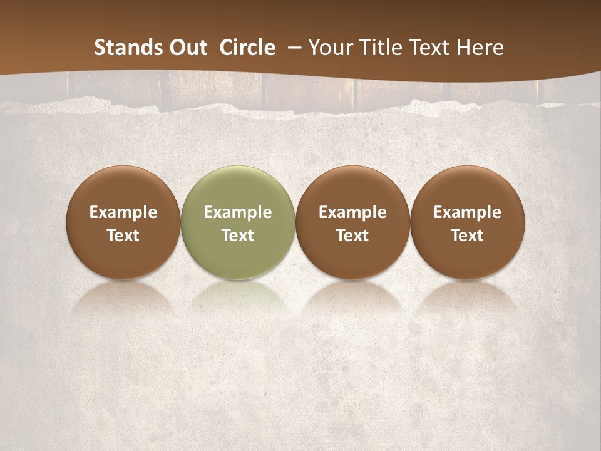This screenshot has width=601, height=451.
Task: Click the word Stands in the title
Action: click(x=123, y=48)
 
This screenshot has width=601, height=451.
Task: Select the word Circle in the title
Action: click(x=247, y=48)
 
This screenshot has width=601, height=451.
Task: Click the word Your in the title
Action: click(x=331, y=48)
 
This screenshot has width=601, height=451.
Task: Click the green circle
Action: click(x=238, y=188)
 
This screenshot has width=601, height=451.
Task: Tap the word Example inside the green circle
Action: click(x=238, y=212)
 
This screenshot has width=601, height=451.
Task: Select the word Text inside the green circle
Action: click(x=238, y=236)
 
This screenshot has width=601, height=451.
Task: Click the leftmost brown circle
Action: click(x=123, y=188)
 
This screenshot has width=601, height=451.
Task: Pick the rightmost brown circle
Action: click(x=467, y=188)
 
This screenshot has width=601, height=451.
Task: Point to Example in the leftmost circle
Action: click(x=123, y=212)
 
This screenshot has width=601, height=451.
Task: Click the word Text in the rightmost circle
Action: click(x=467, y=236)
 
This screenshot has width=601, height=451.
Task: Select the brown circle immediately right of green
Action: click(x=352, y=188)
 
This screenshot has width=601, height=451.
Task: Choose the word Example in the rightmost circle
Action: click(x=467, y=212)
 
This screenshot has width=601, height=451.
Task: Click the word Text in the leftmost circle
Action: click(x=123, y=236)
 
